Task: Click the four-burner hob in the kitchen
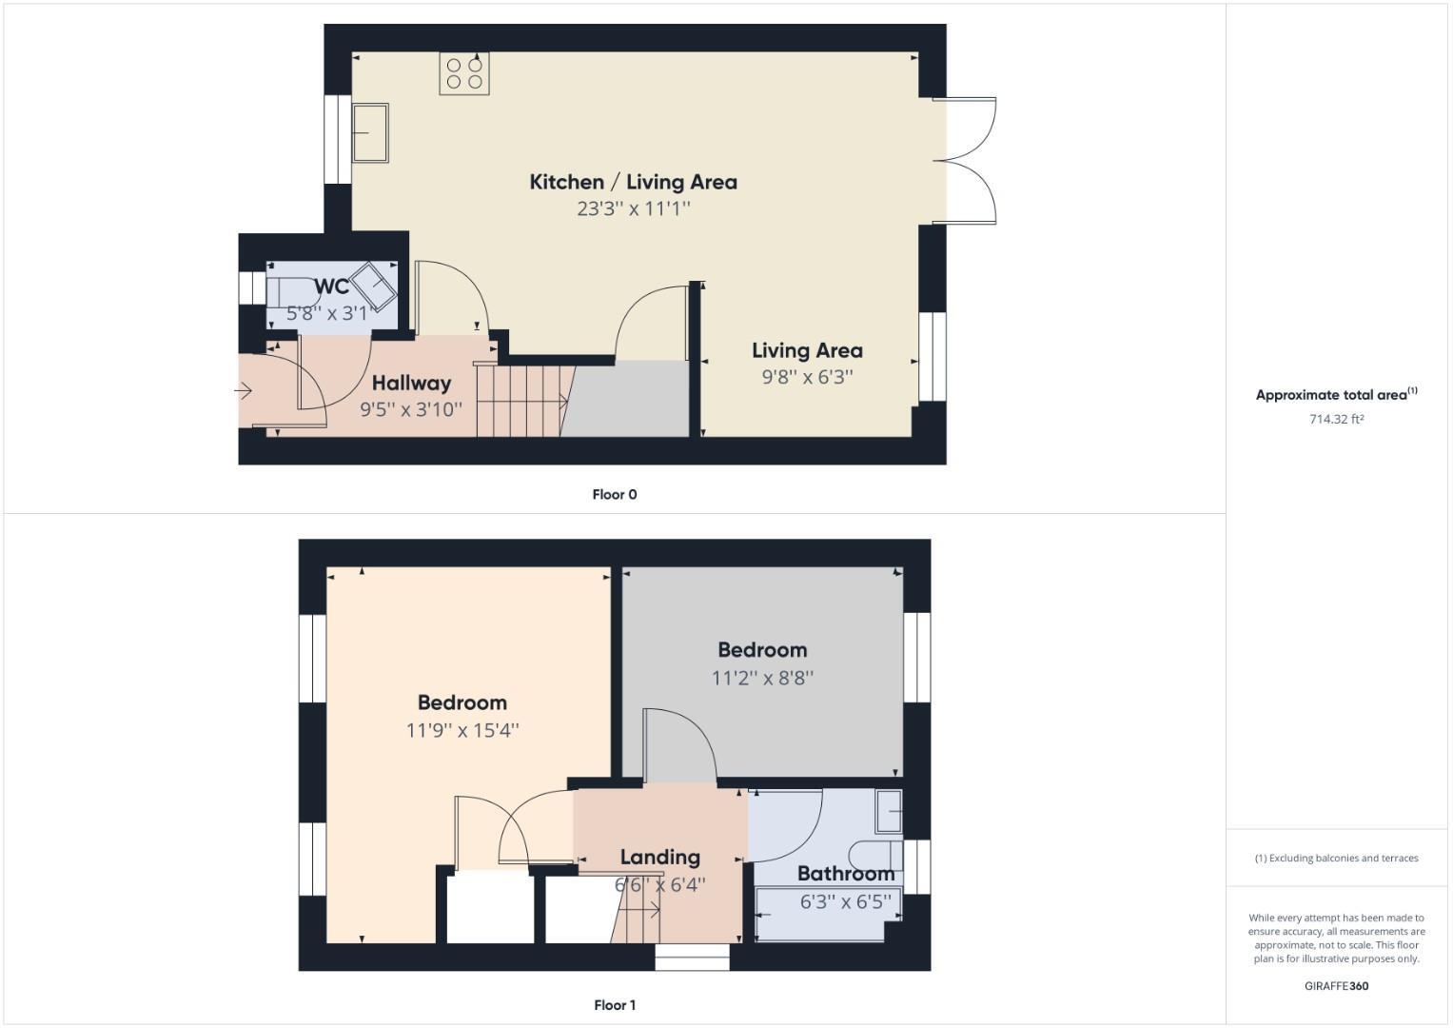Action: pos(464,73)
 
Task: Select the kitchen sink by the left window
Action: pos(370,133)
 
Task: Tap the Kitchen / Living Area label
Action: pos(633,182)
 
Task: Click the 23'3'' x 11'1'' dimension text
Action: pos(633,208)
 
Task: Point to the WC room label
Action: pos(331,287)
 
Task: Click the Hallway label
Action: pos(411,383)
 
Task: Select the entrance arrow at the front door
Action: pos(243,390)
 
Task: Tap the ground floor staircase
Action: pos(523,401)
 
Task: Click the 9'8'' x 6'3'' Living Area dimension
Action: pos(807,377)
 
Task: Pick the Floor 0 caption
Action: pos(615,494)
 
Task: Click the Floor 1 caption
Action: pos(615,1005)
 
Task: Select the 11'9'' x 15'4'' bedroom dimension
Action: pos(462,730)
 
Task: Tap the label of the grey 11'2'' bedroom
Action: pos(762,650)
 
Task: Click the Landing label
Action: pos(659,857)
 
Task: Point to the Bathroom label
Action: pos(845,873)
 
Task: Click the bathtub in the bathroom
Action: pos(826,915)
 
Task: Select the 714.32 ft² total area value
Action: pos(1336,419)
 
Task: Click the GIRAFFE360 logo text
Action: pos(1336,986)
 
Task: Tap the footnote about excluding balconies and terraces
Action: pos(1336,858)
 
